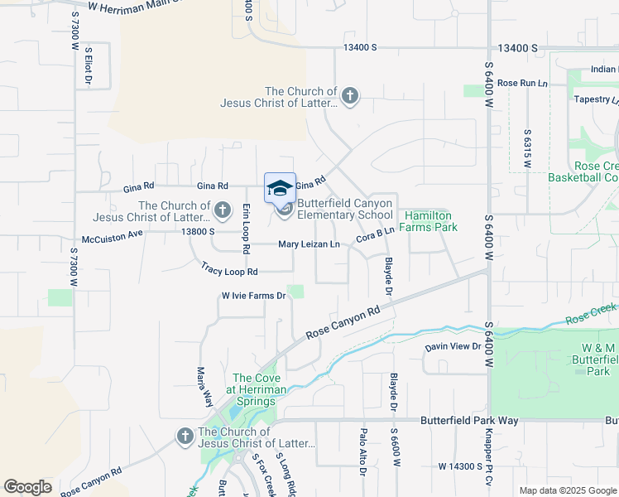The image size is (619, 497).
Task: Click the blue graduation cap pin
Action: [x=280, y=187]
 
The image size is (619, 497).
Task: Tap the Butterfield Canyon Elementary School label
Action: [x=345, y=209]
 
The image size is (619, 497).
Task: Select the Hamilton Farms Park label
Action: [x=430, y=221]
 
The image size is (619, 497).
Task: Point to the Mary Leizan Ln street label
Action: [x=309, y=244]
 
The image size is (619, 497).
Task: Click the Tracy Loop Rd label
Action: [x=229, y=269]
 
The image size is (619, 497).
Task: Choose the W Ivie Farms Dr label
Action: [x=253, y=296]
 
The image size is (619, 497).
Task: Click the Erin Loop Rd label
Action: [x=246, y=228]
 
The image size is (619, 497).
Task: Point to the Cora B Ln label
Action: [x=374, y=235]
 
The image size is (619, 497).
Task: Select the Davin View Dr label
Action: [x=453, y=346]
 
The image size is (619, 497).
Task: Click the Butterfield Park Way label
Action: [x=469, y=421]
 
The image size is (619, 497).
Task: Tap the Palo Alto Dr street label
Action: [x=362, y=451]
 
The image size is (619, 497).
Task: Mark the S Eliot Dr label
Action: [x=88, y=68]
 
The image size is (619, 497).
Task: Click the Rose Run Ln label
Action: [x=522, y=83]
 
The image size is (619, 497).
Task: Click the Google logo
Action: [x=27, y=487]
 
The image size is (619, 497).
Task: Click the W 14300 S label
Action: [x=460, y=466]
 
